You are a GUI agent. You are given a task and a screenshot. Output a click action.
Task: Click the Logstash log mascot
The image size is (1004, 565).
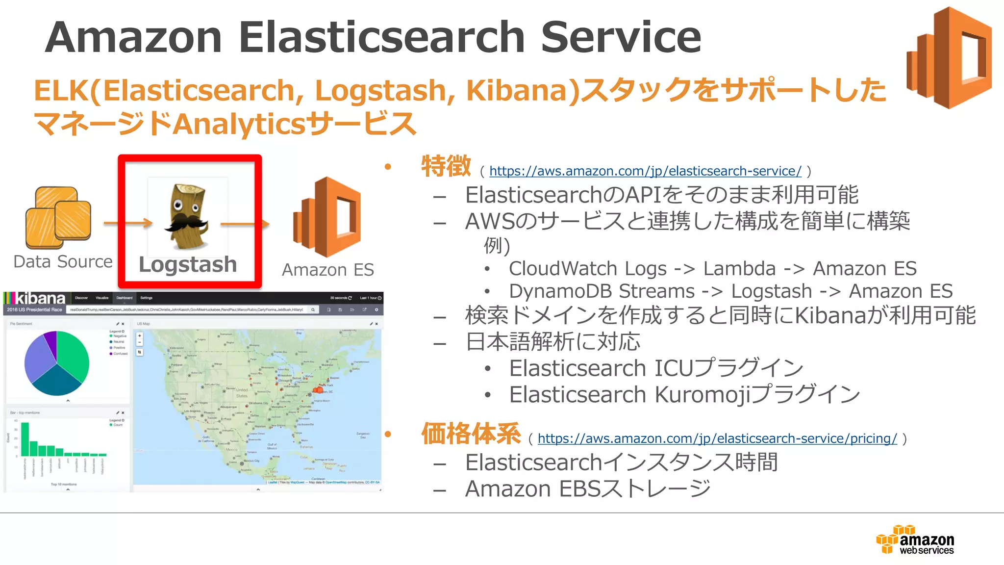(x=186, y=216)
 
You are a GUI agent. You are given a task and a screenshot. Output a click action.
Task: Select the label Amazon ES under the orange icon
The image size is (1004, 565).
(x=327, y=270)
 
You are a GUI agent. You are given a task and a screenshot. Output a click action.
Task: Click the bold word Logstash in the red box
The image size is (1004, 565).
(x=188, y=264)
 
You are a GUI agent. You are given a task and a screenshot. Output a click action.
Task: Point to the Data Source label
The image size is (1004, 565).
(x=63, y=262)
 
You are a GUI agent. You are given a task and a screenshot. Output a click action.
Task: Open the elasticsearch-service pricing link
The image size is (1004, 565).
(x=717, y=438)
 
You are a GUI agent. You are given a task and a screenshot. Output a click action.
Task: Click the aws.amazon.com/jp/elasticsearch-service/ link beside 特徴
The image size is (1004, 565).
(x=645, y=171)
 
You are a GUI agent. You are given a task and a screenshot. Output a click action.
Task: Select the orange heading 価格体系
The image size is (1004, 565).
(x=471, y=434)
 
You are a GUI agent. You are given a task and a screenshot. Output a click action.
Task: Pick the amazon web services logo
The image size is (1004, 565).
(x=915, y=539)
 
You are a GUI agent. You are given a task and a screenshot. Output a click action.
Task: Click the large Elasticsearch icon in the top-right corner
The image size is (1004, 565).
(x=949, y=58)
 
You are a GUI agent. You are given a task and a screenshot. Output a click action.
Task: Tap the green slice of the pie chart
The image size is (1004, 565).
(x=73, y=354)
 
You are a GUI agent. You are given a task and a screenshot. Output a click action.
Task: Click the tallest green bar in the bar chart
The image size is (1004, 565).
(x=25, y=438)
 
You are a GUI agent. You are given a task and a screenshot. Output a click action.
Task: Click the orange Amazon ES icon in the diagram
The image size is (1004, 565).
(x=327, y=217)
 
